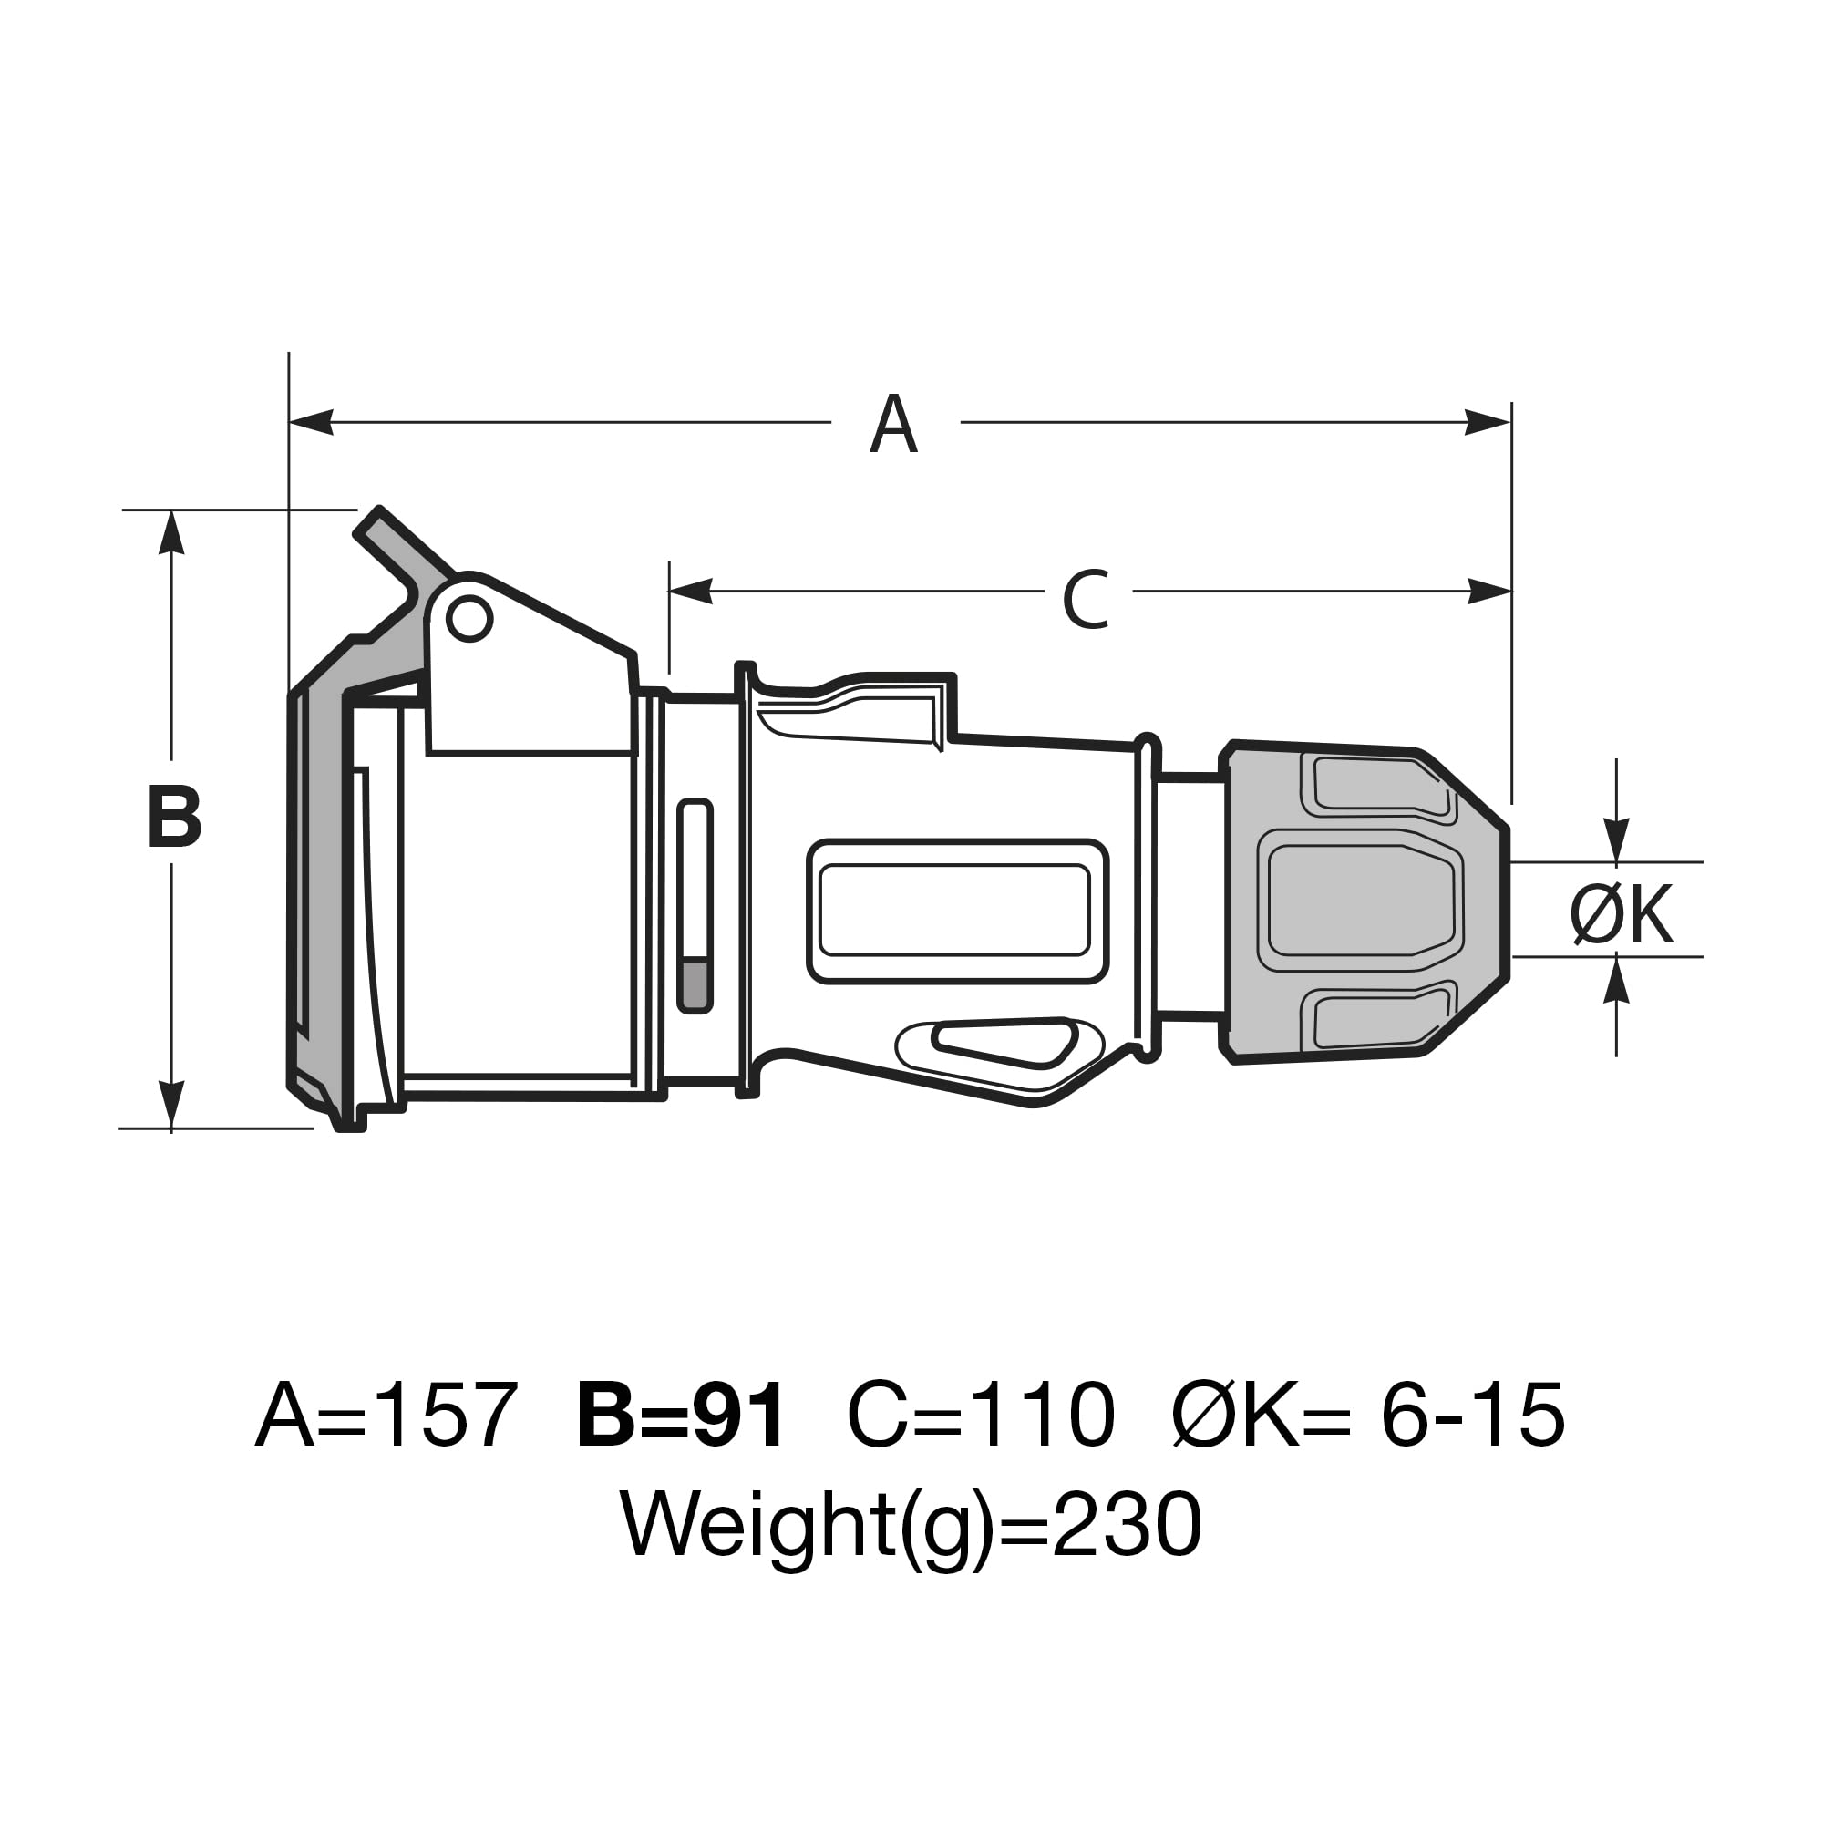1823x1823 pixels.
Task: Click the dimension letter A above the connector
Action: coord(892,424)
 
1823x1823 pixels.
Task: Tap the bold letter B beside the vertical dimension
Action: coord(175,816)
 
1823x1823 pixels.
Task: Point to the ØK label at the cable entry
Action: coord(1622,914)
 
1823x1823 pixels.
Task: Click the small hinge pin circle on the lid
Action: coord(469,619)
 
